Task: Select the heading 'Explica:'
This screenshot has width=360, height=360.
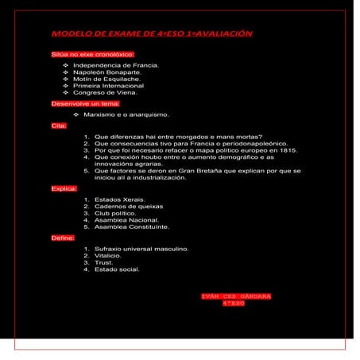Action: pos(64,189)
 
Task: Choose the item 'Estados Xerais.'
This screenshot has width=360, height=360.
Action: pos(118,199)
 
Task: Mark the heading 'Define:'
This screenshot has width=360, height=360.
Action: pos(63,238)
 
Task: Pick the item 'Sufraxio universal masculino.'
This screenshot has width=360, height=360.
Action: pos(141,249)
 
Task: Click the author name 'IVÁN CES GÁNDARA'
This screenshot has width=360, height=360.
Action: pos(236,296)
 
